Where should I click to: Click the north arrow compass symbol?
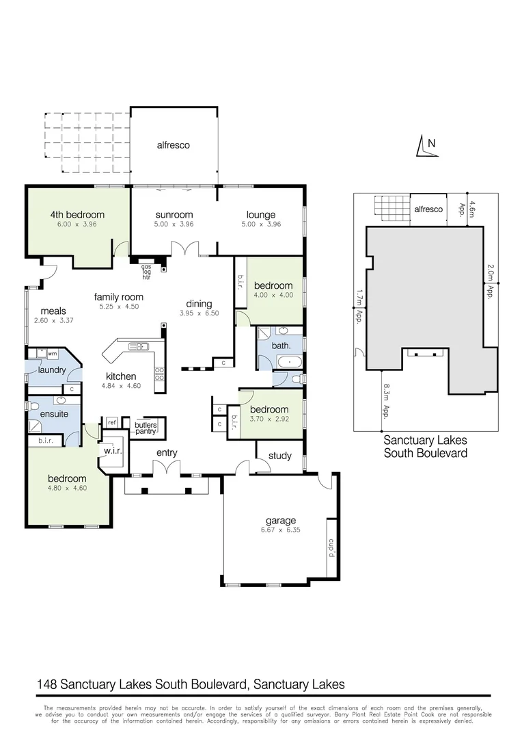tap(425, 146)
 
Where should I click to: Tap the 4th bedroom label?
tap(77, 214)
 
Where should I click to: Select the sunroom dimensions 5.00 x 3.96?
tap(174, 224)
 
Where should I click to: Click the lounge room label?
tap(261, 214)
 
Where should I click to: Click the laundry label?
tap(51, 370)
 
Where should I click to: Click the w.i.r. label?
tap(112, 452)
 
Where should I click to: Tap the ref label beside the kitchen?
tap(111, 422)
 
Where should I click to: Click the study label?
tap(280, 456)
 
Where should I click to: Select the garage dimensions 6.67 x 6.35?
tap(281, 530)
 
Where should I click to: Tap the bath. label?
tap(281, 346)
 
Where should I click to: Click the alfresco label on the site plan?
tap(428, 209)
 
